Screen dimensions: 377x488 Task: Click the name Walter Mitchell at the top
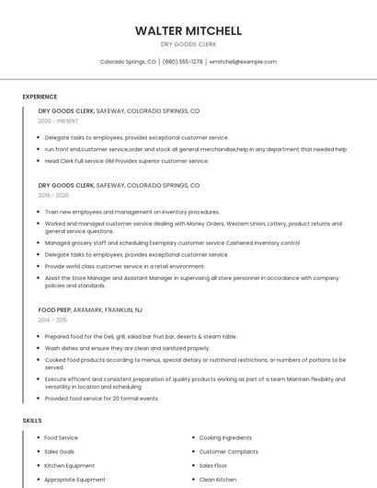click(188, 30)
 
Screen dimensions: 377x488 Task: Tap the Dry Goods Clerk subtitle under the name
click(188, 44)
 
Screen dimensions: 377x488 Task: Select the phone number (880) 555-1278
click(183, 62)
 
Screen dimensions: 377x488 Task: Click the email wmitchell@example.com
click(243, 62)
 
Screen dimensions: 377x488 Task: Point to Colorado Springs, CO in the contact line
click(128, 62)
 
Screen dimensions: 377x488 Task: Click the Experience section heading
click(40, 97)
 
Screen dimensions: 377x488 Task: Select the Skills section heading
click(32, 421)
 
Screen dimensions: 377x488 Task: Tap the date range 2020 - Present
click(58, 121)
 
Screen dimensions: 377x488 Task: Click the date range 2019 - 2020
click(53, 195)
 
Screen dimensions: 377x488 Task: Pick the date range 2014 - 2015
click(53, 320)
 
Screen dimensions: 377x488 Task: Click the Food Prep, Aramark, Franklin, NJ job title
click(90, 309)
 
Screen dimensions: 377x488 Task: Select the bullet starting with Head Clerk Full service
click(127, 160)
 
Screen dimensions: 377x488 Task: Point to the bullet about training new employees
click(132, 212)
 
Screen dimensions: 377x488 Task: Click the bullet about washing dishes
click(127, 348)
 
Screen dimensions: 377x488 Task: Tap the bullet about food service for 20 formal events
click(102, 398)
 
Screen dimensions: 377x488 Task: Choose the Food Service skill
click(62, 437)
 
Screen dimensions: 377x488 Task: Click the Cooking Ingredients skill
click(225, 437)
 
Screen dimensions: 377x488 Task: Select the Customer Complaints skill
click(228, 451)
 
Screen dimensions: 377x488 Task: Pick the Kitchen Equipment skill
click(69, 465)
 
